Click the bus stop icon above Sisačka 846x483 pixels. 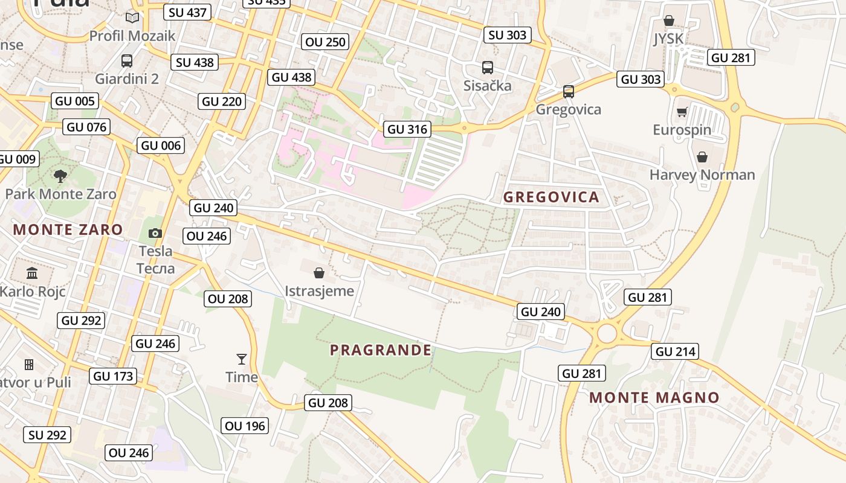click(488, 68)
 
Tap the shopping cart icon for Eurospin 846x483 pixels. click(682, 112)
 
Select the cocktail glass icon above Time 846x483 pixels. click(242, 359)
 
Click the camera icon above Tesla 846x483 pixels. click(155, 233)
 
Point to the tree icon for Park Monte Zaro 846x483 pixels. click(60, 176)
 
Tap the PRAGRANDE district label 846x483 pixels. click(381, 350)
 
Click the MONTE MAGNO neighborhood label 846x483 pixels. click(654, 398)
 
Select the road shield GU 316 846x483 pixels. click(407, 129)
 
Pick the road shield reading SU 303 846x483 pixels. click(508, 35)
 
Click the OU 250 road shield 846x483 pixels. click(325, 42)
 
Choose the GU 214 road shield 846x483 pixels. click(675, 351)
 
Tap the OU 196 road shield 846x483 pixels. click(245, 426)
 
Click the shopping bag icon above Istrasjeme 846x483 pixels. click(319, 273)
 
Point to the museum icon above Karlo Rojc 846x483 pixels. click(32, 273)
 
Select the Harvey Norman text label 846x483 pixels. click(702, 175)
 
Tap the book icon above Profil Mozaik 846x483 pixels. click(132, 18)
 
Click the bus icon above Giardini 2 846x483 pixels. click(127, 61)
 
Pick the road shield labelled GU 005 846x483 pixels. click(75, 101)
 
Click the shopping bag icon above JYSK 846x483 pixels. click(669, 21)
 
